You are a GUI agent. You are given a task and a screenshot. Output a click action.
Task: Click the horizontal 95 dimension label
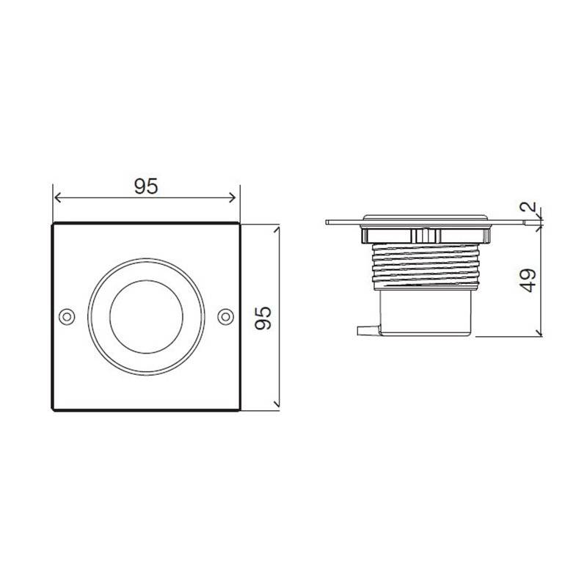(146, 186)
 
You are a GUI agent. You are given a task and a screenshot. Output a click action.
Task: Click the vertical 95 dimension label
(263, 318)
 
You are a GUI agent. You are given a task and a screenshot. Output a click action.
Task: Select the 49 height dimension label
(528, 280)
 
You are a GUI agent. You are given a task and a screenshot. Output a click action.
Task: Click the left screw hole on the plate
(67, 317)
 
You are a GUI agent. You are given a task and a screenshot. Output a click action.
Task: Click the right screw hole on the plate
(225, 317)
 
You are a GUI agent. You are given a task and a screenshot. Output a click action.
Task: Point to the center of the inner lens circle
(146, 317)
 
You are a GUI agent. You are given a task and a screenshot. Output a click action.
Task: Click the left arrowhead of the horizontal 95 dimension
(57, 197)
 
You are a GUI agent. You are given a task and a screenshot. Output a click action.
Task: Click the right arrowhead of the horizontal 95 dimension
(232, 197)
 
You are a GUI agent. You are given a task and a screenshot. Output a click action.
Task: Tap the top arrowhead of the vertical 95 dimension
(277, 229)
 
